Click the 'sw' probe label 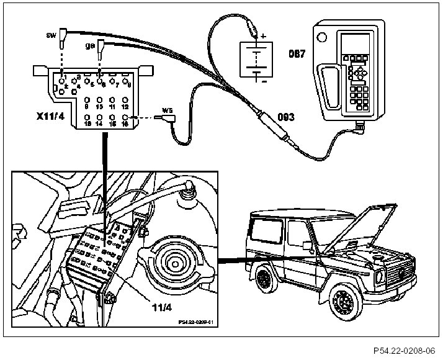coord(51,35)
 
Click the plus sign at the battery coord(263,36)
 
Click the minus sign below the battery coord(263,81)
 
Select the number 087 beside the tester coord(297,54)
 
